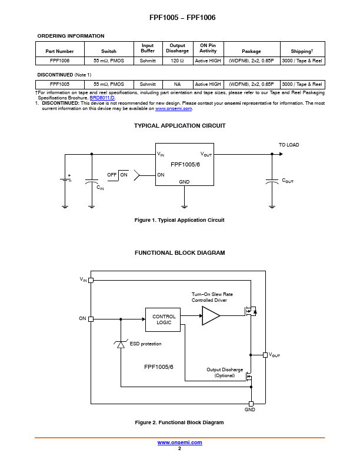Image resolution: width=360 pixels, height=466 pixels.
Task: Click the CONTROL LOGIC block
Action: pos(163,319)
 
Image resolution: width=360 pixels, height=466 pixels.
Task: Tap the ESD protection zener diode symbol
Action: pos(121,344)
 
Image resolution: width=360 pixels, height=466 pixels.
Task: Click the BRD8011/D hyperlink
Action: pos(102,98)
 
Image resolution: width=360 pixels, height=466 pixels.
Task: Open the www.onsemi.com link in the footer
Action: pos(179,442)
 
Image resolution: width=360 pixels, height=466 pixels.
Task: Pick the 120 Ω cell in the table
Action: pos(177,61)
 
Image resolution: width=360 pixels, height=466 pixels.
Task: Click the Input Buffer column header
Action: pos(148,48)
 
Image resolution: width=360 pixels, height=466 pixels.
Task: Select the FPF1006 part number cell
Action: pos(59,61)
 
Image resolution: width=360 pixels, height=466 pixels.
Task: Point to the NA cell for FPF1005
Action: pos(177,84)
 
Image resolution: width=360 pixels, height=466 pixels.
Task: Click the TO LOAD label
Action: pos(289,145)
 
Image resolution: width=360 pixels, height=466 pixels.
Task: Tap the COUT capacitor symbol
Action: pos(272,181)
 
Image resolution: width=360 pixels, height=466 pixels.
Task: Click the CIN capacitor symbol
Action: pos(92,181)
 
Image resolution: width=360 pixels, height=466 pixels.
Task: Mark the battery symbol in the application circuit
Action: pos(65,179)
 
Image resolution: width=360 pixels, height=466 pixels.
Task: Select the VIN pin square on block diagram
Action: pos(91,280)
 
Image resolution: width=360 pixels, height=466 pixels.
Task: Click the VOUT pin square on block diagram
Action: pos(265,355)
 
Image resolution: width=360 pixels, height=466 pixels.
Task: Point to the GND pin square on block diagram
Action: pos(251,404)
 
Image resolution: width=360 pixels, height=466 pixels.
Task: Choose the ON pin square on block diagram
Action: pos(91,319)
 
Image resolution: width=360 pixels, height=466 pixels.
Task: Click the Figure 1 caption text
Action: pos(179,220)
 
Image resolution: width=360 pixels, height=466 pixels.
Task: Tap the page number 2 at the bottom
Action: pos(179,448)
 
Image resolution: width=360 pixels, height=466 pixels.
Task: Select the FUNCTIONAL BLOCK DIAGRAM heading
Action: pos(179,252)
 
